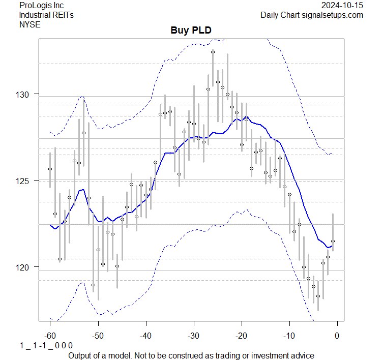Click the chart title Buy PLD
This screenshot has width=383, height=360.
pyautogui.click(x=191, y=31)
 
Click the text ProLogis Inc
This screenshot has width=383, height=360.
pyautogui.click(x=41, y=6)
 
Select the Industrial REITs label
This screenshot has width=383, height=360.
pyautogui.click(x=46, y=15)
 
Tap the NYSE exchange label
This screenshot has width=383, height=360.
pyautogui.click(x=30, y=24)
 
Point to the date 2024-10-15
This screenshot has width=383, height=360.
pyautogui.click(x=342, y=6)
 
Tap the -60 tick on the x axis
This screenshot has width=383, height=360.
pyautogui.click(x=50, y=335)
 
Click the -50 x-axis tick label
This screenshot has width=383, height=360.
pyautogui.click(x=98, y=335)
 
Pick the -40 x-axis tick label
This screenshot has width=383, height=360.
pyautogui.click(x=145, y=335)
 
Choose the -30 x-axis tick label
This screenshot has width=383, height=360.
pyautogui.click(x=193, y=335)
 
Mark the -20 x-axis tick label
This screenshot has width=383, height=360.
pyautogui.click(x=241, y=335)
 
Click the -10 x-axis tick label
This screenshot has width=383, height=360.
pyautogui.click(x=289, y=335)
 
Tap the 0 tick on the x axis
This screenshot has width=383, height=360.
pyautogui.click(x=337, y=335)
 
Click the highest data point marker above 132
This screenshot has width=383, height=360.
pyautogui.click(x=213, y=52)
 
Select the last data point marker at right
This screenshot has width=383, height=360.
pyautogui.click(x=333, y=241)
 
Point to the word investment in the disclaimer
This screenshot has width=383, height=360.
pyautogui.click(x=270, y=355)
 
